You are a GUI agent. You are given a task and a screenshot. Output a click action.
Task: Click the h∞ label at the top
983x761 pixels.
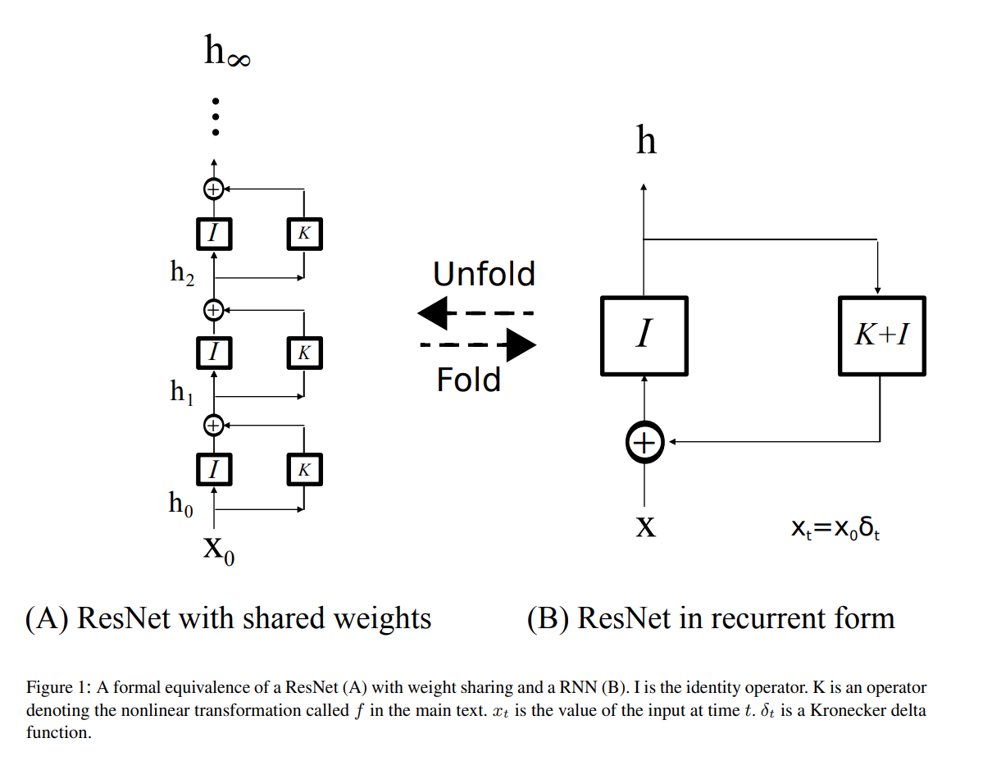(226, 52)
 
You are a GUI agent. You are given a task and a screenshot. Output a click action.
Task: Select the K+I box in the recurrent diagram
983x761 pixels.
(881, 335)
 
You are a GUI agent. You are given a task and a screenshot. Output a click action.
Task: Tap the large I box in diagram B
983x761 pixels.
(644, 335)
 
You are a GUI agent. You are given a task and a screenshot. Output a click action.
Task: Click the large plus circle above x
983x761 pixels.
(644, 443)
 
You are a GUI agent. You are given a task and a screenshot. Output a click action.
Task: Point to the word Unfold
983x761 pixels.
(484, 274)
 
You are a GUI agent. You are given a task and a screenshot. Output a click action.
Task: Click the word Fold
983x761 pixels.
(468, 380)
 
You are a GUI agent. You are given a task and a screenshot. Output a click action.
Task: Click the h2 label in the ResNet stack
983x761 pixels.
(182, 272)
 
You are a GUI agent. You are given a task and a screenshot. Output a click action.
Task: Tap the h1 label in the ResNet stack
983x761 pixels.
(182, 392)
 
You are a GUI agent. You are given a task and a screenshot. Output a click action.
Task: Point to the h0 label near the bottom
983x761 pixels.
(181, 503)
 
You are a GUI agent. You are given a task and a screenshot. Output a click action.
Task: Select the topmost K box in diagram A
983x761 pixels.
(304, 234)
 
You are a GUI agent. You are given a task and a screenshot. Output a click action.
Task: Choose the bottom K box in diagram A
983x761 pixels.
(304, 470)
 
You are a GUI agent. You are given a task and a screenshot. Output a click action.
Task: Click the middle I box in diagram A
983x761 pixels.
(214, 353)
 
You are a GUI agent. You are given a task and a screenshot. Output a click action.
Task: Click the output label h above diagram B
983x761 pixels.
(646, 142)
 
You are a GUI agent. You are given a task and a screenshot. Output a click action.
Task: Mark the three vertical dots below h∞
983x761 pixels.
(215, 117)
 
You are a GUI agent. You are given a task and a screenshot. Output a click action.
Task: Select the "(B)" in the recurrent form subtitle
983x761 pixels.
(548, 617)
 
